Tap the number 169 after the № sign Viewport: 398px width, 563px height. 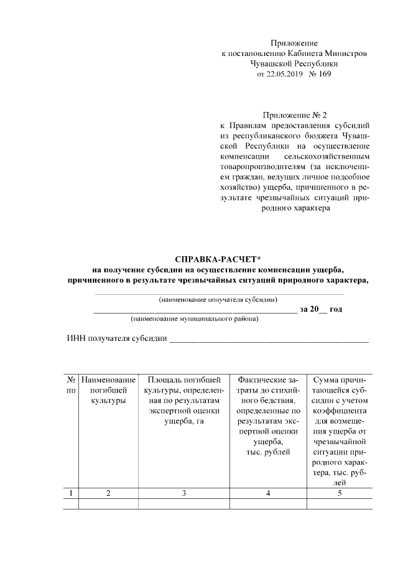pyautogui.click(x=323, y=74)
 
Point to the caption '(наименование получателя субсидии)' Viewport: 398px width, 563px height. pyautogui.click(x=218, y=299)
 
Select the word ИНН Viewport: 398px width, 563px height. pyautogui.click(x=75, y=338)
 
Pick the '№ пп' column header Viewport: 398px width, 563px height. pyautogui.click(x=72, y=384)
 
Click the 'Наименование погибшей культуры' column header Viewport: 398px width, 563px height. pyautogui.click(x=108, y=390)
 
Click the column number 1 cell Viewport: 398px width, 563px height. pyautogui.click(x=72, y=493)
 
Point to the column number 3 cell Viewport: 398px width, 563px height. pyautogui.click(x=183, y=493)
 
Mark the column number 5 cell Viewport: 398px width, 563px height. pyautogui.click(x=339, y=493)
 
